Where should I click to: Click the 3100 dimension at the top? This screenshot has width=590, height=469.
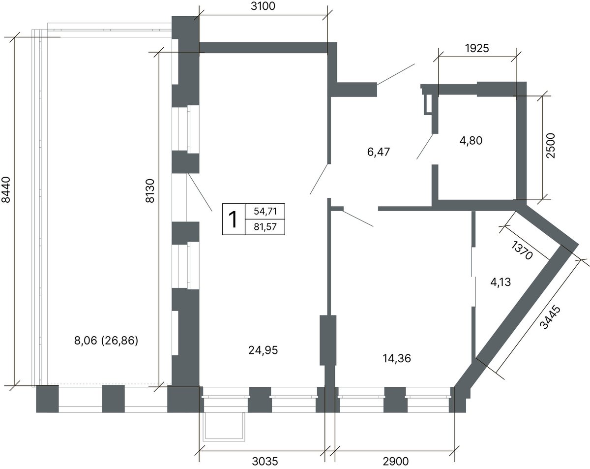[263, 6]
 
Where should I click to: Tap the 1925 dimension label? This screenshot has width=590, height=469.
[477, 49]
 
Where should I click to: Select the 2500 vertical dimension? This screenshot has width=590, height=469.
[550, 146]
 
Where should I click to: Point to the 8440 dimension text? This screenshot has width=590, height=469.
[6, 189]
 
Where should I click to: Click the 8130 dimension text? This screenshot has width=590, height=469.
[150, 191]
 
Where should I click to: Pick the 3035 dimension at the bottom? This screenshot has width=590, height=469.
[265, 462]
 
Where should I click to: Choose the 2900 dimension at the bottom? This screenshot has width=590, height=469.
[396, 462]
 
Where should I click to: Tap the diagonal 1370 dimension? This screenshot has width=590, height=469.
[522, 250]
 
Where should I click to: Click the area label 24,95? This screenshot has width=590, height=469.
[263, 350]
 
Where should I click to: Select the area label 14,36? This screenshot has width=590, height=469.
[397, 358]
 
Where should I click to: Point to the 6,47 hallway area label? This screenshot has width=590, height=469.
[379, 152]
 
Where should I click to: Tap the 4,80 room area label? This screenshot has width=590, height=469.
[471, 141]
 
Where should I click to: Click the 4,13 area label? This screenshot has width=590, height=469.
[501, 282]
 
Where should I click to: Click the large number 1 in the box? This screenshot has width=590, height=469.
[234, 219]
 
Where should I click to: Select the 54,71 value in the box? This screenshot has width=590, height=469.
[265, 211]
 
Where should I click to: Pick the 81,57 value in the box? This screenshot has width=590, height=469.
[265, 227]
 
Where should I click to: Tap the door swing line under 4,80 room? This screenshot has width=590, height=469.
[425, 146]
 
